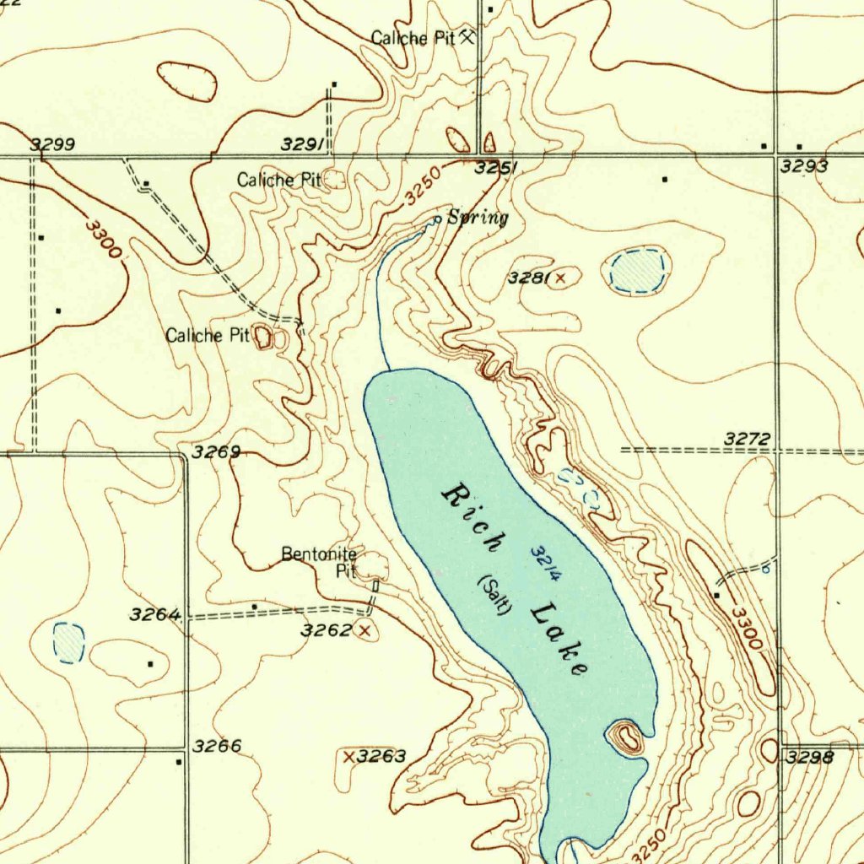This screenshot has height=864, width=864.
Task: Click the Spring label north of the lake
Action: [x=478, y=219]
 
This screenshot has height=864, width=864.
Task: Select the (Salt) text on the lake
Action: [x=494, y=595]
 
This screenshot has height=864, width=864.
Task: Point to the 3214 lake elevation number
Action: [x=546, y=563]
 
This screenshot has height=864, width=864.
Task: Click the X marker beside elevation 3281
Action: [x=559, y=278]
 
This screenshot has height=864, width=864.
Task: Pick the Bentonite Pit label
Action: [x=319, y=562]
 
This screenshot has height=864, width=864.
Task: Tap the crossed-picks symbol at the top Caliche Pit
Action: [x=467, y=37]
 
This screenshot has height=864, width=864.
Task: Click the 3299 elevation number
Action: [x=53, y=145]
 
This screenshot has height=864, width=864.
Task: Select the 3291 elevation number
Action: [x=303, y=146]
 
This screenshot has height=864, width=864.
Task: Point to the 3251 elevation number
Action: [x=496, y=168]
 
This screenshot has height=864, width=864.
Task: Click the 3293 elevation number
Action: [x=803, y=167]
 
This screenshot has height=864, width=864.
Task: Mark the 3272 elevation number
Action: [x=748, y=439]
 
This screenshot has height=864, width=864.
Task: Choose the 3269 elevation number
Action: [x=216, y=452]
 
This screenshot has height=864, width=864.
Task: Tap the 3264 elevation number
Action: [x=154, y=615]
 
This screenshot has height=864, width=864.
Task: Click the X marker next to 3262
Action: [x=364, y=630]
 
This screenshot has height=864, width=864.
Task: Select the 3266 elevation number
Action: [x=217, y=746]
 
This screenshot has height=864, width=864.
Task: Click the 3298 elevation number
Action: [x=809, y=758]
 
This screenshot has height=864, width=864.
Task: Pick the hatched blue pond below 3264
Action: [x=68, y=642]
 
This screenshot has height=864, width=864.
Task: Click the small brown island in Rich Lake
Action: [x=625, y=737]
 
